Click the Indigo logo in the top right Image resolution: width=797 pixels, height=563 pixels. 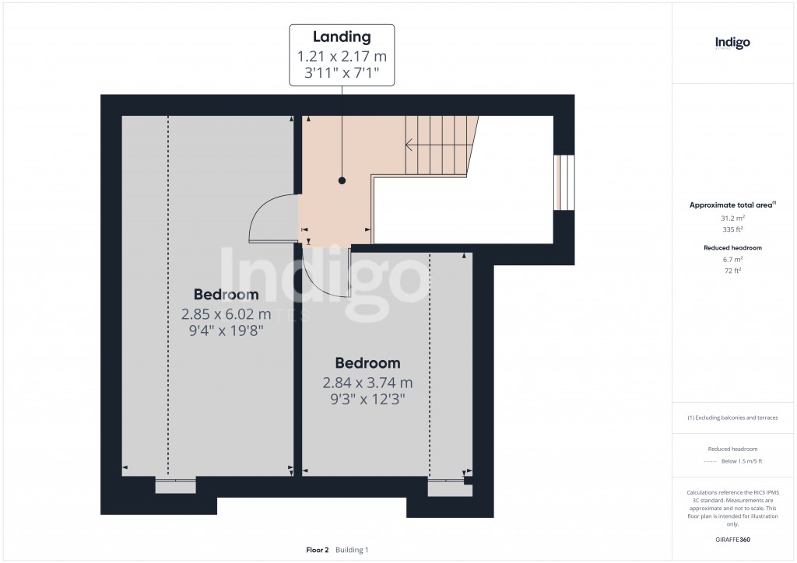click(x=732, y=43)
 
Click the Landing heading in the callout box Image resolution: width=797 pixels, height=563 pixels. click(x=342, y=37)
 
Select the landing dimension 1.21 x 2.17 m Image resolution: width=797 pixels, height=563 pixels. click(x=342, y=57)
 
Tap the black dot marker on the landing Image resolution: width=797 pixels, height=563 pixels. click(x=342, y=180)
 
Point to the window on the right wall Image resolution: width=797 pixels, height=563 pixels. click(x=564, y=183)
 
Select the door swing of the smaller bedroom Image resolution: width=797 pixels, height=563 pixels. click(x=327, y=276)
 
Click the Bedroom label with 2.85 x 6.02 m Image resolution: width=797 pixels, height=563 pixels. click(x=226, y=295)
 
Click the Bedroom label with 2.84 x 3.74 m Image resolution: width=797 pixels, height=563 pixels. click(x=367, y=363)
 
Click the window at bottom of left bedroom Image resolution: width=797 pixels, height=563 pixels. click(x=175, y=486)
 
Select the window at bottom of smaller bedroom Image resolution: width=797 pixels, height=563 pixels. click(x=445, y=488)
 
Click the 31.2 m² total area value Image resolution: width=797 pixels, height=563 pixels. click(x=732, y=219)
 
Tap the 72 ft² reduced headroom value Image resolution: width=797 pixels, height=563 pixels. click(x=732, y=271)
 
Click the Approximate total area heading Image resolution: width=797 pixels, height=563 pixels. click(x=732, y=205)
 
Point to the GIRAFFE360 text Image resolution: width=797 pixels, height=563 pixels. click(x=732, y=540)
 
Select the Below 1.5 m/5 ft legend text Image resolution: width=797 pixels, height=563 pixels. click(x=741, y=461)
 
